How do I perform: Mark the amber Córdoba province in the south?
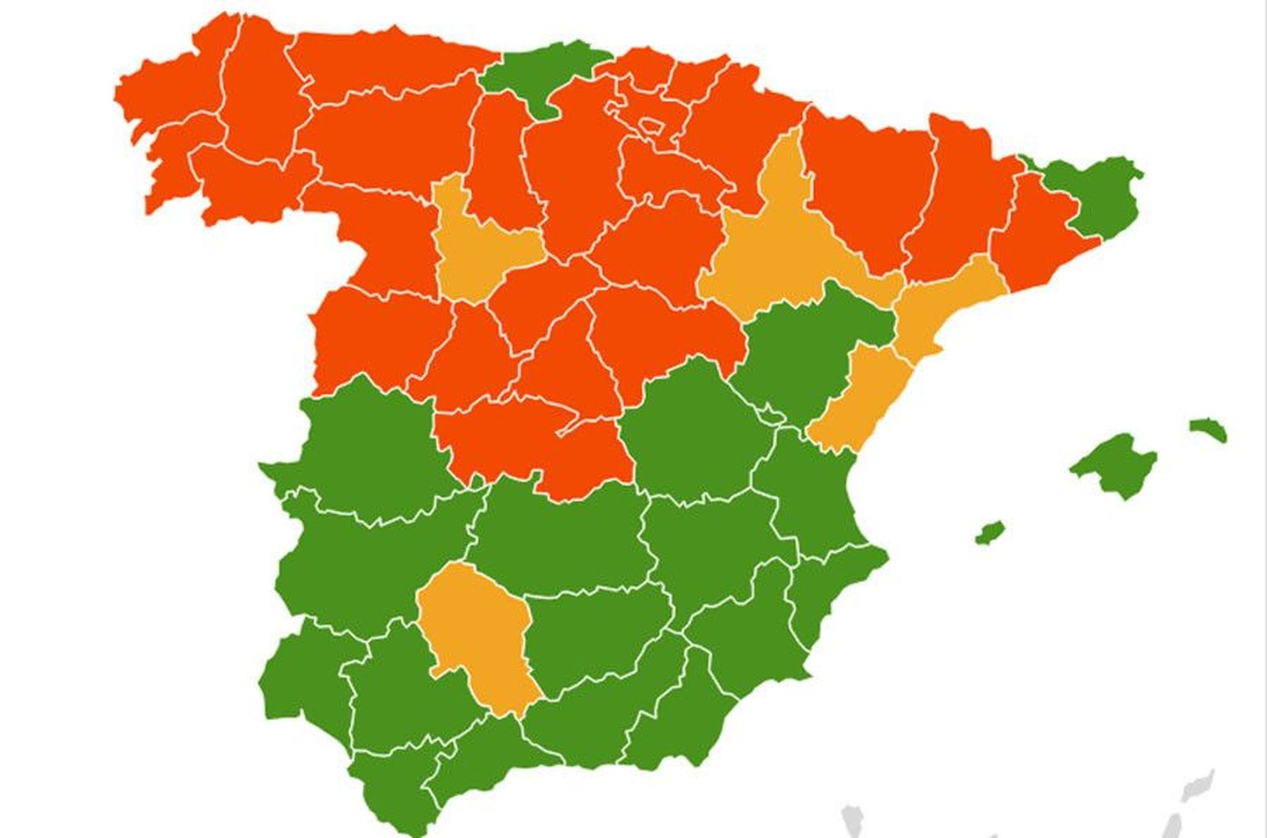[475, 634]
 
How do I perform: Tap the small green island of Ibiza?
[990, 532]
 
